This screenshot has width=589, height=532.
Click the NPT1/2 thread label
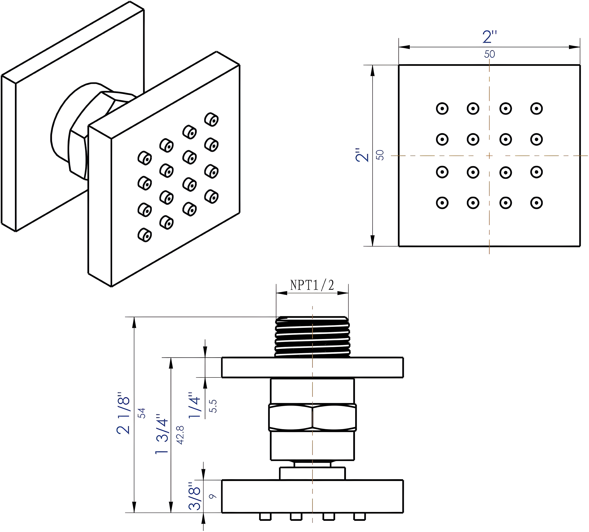(x=312, y=285)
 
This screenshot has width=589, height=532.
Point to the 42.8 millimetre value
(x=180, y=435)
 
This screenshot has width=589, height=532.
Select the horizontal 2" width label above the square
(x=489, y=37)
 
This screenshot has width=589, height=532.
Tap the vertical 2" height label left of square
(x=362, y=155)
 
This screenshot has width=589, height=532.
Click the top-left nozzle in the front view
(x=442, y=109)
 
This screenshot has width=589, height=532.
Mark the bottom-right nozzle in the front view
(x=536, y=203)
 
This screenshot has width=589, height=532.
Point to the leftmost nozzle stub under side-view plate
(x=265, y=516)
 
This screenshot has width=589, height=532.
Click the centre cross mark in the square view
(x=489, y=156)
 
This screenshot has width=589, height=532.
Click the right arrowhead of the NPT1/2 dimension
(x=344, y=293)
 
